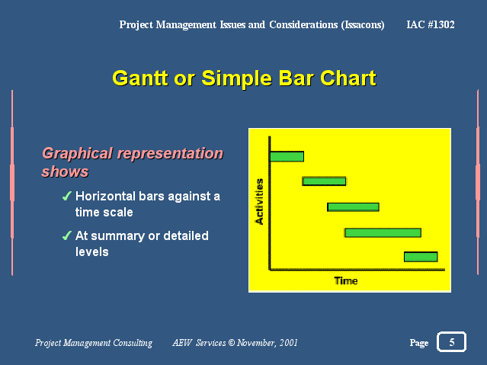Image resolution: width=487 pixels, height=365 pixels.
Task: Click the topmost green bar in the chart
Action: tap(287, 156)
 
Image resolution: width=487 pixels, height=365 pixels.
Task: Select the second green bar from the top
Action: tap(324, 181)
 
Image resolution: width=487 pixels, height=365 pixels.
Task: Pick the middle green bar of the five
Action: tap(353, 207)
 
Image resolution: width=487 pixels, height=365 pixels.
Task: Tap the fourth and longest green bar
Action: tap(383, 232)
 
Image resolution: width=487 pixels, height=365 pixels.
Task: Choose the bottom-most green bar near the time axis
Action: tap(421, 257)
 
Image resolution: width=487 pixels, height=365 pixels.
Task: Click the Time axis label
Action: tap(346, 281)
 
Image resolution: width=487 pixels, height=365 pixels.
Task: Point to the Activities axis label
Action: tap(259, 201)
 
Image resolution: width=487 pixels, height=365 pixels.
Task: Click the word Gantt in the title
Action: tap(140, 78)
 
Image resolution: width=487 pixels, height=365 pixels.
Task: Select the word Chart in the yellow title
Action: tap(348, 78)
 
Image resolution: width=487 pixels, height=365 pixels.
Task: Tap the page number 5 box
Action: tap(452, 342)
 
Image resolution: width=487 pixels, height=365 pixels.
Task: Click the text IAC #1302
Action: tap(431, 24)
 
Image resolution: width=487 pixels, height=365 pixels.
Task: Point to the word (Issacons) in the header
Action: tap(363, 25)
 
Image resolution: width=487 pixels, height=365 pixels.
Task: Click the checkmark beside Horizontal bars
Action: tap(67, 196)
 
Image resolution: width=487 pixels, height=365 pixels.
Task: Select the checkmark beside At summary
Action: tap(67, 235)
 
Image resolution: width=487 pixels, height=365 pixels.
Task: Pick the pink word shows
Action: tap(66, 171)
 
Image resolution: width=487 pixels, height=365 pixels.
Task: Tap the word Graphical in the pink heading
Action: tap(77, 154)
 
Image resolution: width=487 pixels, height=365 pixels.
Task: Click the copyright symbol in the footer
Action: tap(232, 343)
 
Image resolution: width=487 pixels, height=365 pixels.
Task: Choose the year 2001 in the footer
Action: tap(288, 343)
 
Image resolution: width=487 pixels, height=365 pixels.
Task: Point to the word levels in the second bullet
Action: tap(92, 251)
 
